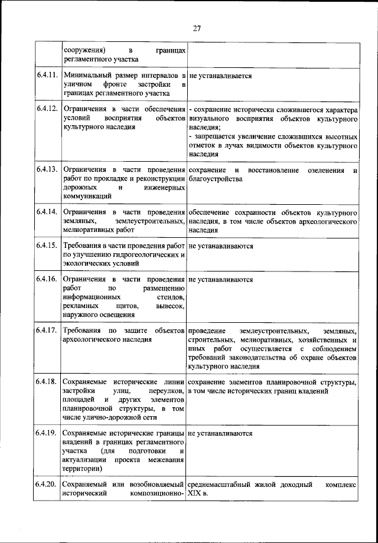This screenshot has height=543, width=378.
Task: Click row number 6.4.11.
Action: [x=46, y=76]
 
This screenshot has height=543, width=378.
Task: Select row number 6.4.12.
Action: [x=46, y=110]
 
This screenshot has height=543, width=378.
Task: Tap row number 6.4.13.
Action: [x=46, y=170]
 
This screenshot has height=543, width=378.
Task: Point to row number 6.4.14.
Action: [x=46, y=212]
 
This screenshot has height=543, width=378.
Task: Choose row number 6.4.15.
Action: [x=46, y=246]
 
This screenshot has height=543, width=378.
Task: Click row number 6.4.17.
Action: [x=46, y=331]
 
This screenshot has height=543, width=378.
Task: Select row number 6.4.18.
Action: [x=46, y=382]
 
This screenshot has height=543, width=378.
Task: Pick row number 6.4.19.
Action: [x=46, y=433]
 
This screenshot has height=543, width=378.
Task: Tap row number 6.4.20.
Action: [x=46, y=485]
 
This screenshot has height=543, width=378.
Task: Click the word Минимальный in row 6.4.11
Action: [x=87, y=76]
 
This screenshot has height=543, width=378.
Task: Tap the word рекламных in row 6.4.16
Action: [x=77, y=306]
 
